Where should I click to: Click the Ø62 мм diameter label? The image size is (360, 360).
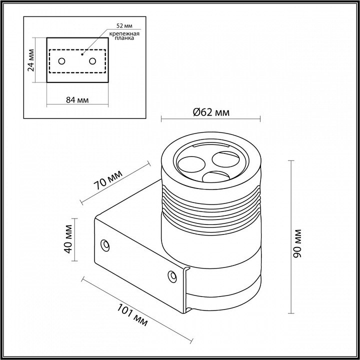(211, 112)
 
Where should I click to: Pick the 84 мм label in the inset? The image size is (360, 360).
(77, 100)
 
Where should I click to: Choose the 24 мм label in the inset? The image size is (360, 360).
(31, 60)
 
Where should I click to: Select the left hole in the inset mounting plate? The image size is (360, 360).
(61, 61)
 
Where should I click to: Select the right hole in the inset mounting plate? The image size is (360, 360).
(92, 61)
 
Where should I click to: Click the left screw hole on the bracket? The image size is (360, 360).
(105, 244)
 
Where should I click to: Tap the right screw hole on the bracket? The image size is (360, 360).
(172, 275)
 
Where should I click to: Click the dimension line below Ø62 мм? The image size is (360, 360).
(210, 119)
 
